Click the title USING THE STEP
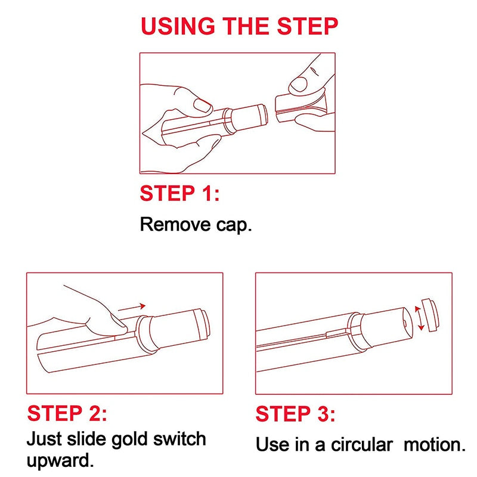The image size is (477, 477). [239, 27]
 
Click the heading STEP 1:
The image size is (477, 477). [179, 193]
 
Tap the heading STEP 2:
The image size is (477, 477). [67, 413]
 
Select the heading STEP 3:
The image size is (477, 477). [296, 414]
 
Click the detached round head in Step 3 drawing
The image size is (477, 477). [430, 314]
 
